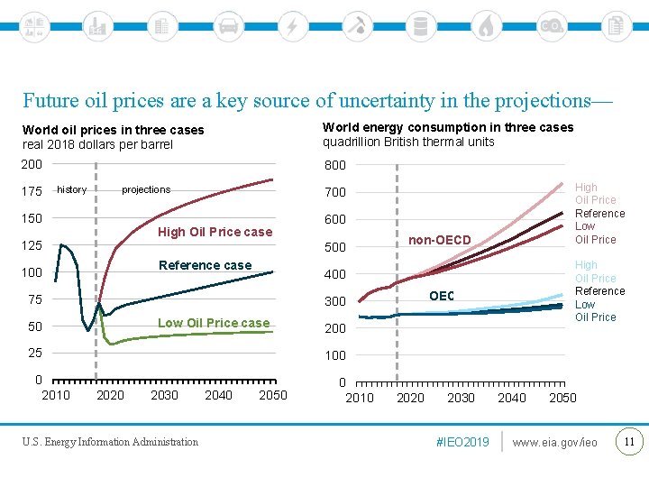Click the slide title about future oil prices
pyautogui.click(x=317, y=100)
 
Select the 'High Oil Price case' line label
pyautogui.click(x=215, y=232)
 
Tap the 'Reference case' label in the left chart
pyautogui.click(x=205, y=265)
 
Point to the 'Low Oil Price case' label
pyautogui.click(x=214, y=323)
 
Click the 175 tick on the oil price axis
pyautogui.click(x=32, y=192)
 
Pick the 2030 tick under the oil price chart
pyautogui.click(x=164, y=395)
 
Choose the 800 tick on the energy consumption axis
pyautogui.click(x=335, y=165)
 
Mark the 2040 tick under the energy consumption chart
pyautogui.click(x=512, y=398)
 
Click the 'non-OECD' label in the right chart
pyautogui.click(x=439, y=240)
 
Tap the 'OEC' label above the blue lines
pyautogui.click(x=442, y=296)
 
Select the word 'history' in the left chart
pyautogui.click(x=72, y=189)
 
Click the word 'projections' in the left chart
pyautogui.click(x=146, y=189)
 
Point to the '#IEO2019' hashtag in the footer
pyautogui.click(x=462, y=442)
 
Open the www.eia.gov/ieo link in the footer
pyautogui.click(x=554, y=442)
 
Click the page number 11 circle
pyautogui.click(x=628, y=441)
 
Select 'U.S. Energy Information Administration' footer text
pyautogui.click(x=111, y=442)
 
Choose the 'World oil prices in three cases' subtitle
pyautogui.click(x=114, y=130)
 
